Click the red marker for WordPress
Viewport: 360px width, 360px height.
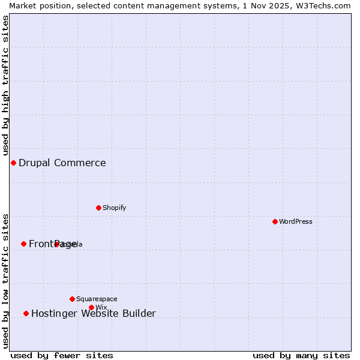pos(275,221)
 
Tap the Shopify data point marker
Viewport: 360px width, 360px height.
pos(98,208)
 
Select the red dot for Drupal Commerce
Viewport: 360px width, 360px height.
pos(13,163)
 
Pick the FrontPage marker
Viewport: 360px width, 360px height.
pos(23,244)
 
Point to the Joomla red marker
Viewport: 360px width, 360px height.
pos(56,244)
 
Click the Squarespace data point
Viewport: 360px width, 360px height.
pos(72,299)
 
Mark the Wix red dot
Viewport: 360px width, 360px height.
pos(91,307)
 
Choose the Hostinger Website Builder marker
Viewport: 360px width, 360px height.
pos(26,313)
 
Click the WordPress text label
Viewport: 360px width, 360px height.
pos(296,221)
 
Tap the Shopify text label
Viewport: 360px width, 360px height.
pos(115,208)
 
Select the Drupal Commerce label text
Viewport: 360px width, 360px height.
pos(62,163)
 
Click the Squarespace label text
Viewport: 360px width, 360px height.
pos(97,299)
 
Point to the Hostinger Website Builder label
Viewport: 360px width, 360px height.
pos(94,313)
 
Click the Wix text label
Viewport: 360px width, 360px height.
pos(101,307)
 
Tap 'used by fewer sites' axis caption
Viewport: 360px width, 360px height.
pos(62,355)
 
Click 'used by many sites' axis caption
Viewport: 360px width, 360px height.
pos(301,355)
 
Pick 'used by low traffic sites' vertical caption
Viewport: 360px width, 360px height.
pos(5,280)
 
